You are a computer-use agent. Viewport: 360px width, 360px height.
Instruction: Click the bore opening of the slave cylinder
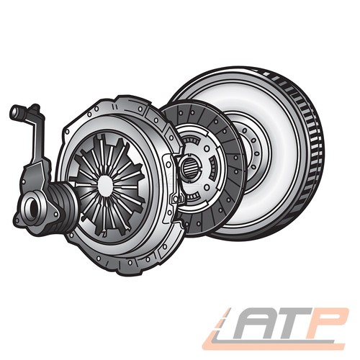[32, 207]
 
